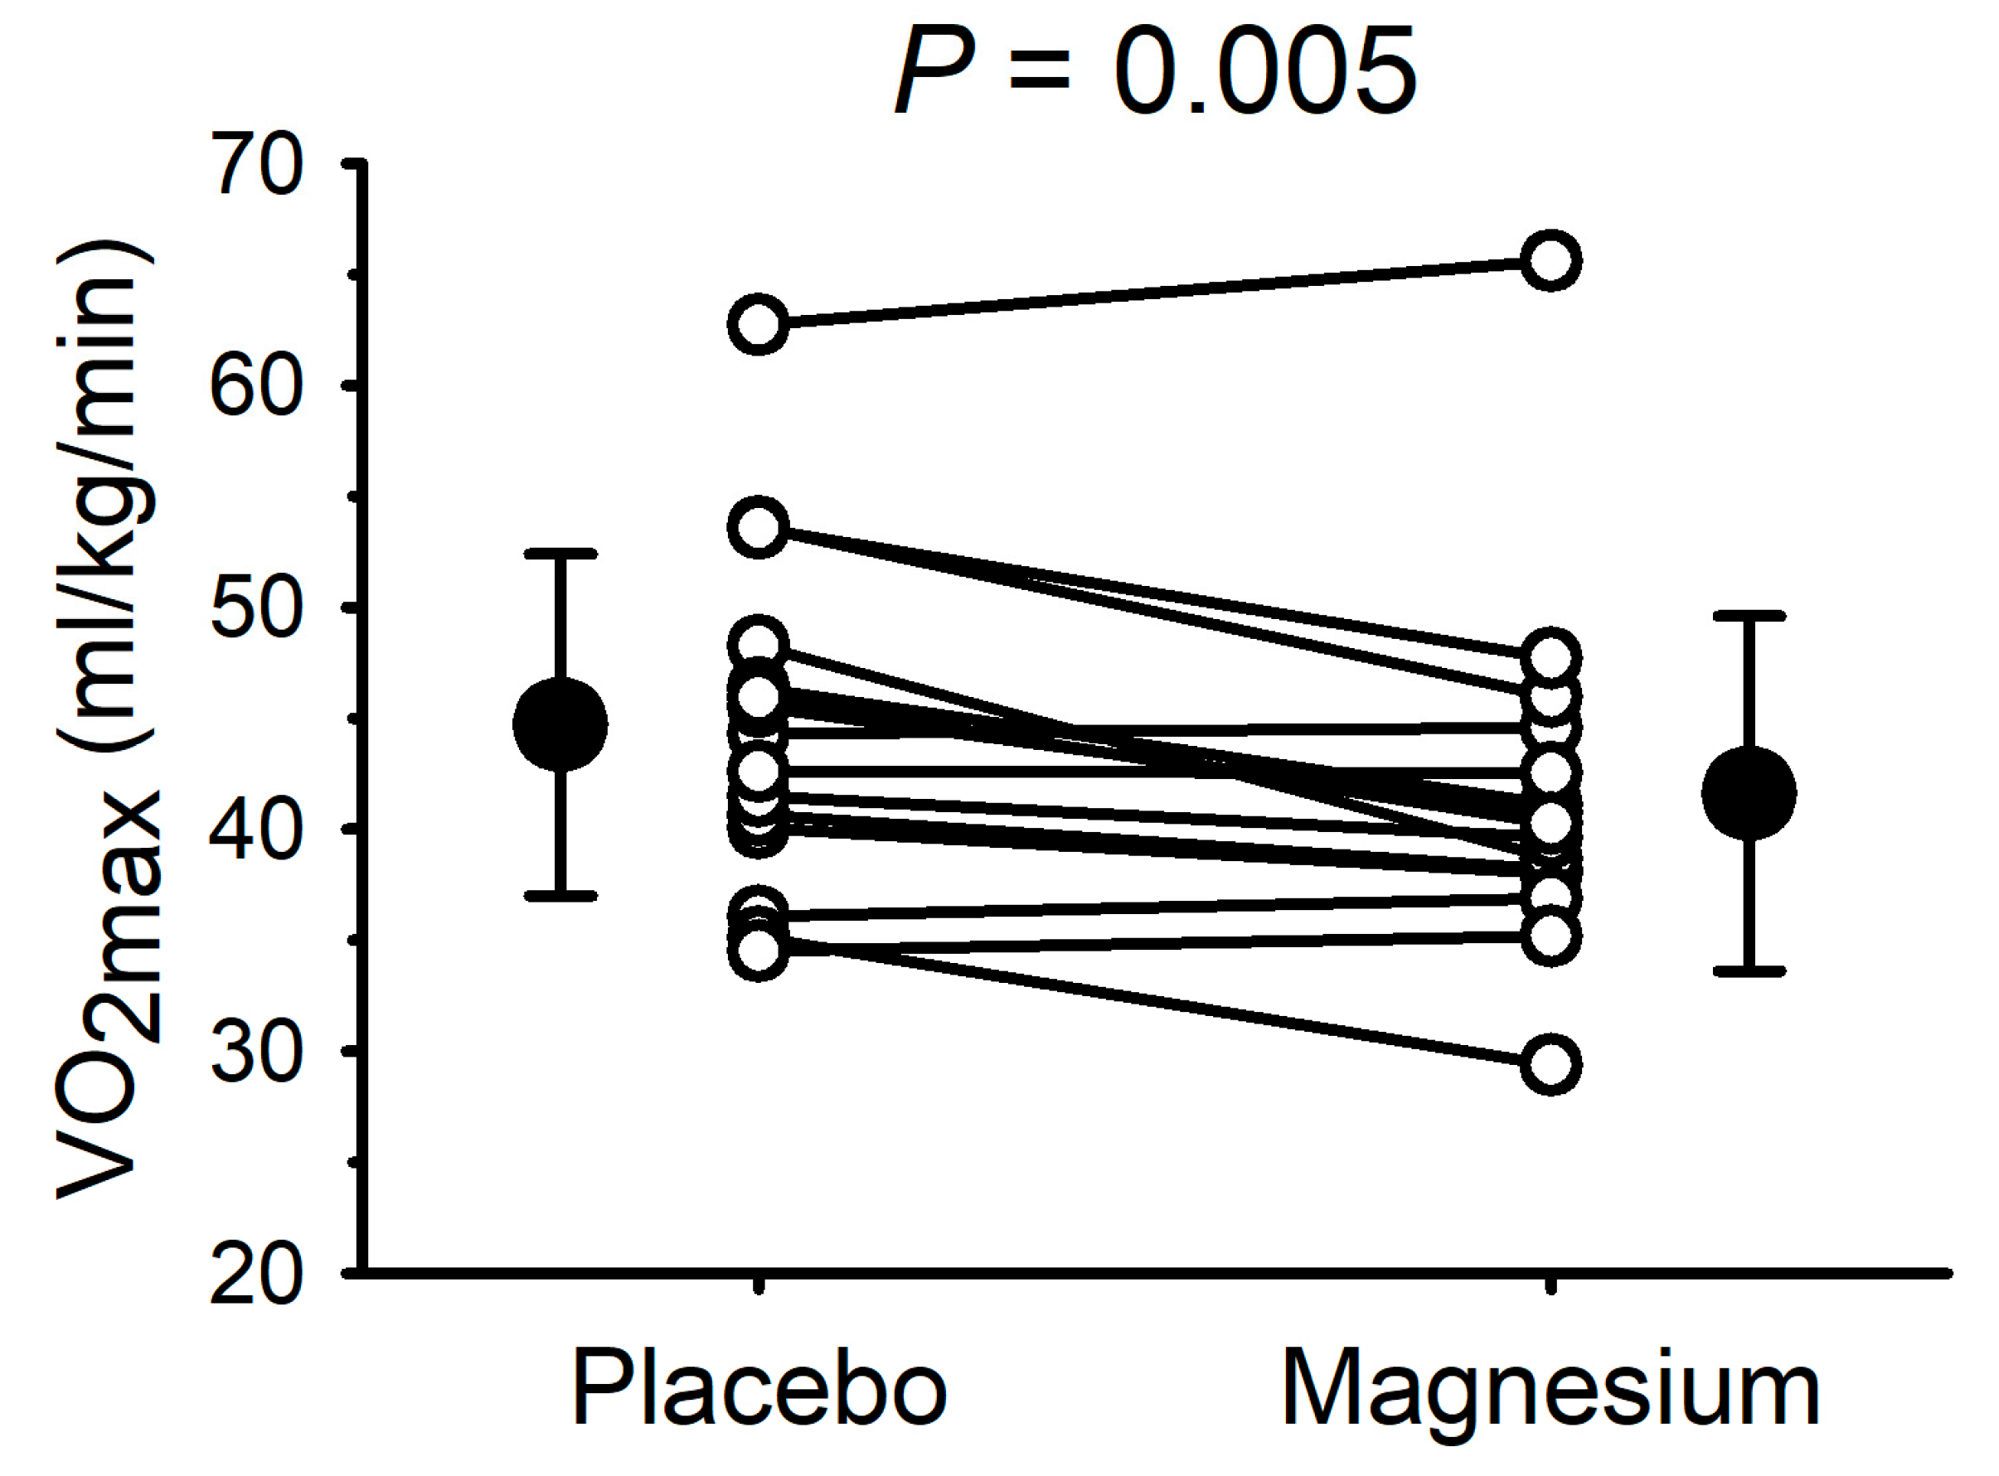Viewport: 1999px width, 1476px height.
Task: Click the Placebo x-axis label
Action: pyautogui.click(x=759, y=1391)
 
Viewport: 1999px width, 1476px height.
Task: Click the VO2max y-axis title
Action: pyautogui.click(x=107, y=719)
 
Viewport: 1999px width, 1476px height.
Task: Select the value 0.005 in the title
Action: pyautogui.click(x=1265, y=70)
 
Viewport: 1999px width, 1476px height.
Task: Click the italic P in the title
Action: pyautogui.click(x=934, y=70)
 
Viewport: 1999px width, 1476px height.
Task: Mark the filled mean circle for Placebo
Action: pyautogui.click(x=560, y=723)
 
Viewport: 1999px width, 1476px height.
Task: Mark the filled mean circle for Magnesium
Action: pyautogui.click(x=1749, y=792)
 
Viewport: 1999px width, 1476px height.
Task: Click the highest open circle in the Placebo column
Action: pyautogui.click(x=759, y=323)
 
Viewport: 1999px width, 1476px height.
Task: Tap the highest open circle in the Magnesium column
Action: pyautogui.click(x=1551, y=261)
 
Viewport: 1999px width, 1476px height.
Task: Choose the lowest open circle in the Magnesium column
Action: pyautogui.click(x=1551, y=1065)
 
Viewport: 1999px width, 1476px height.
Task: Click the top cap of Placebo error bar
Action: pyautogui.click(x=560, y=554)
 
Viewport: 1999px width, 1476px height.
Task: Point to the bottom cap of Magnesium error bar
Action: pyautogui.click(x=1749, y=970)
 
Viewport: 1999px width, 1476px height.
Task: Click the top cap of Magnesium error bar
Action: pyautogui.click(x=1749, y=616)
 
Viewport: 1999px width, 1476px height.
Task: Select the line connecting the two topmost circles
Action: pyautogui.click(x=1152, y=293)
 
